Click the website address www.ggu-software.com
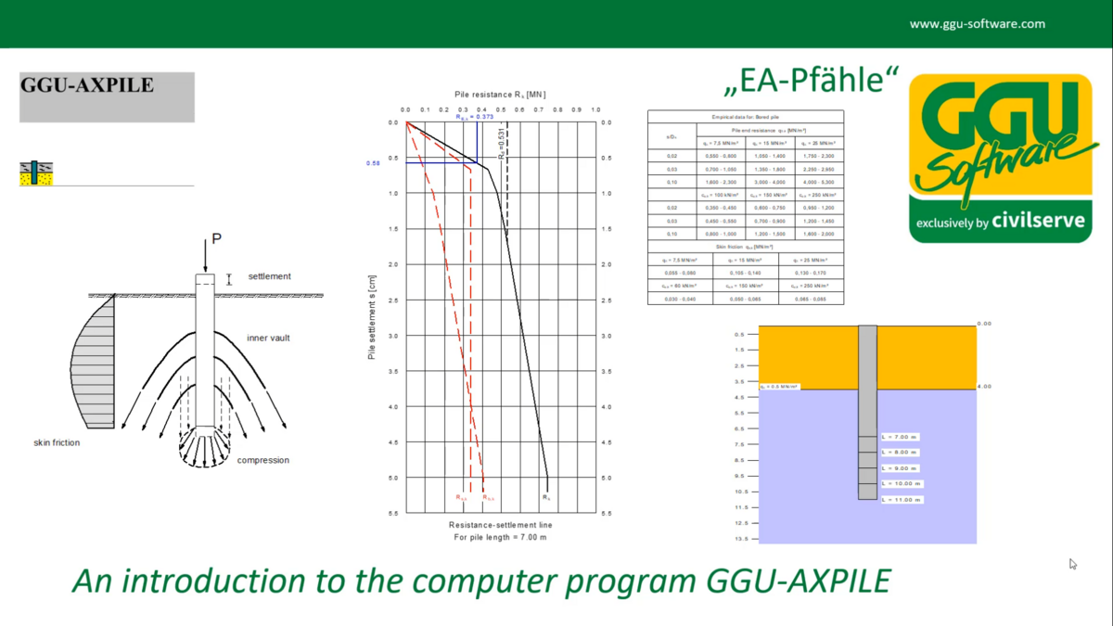pos(977,24)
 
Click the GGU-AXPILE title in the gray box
pos(87,86)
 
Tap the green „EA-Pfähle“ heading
pos(810,82)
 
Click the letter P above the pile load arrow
pos(216,239)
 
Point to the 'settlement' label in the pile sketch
pos(269,276)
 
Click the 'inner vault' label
pos(268,339)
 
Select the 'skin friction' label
pos(57,443)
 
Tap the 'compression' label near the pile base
pos(262,461)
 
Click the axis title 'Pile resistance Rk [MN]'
pos(500,95)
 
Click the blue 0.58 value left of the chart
pos(373,163)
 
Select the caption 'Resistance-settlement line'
pos(500,525)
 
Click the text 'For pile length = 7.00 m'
pos(500,537)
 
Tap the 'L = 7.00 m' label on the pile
pos(900,437)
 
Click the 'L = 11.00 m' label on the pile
pos(902,500)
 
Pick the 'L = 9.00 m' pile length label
pos(900,468)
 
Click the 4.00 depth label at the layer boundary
pos(984,387)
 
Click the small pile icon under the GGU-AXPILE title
pos(36,173)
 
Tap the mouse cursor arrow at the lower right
pos(1073,564)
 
